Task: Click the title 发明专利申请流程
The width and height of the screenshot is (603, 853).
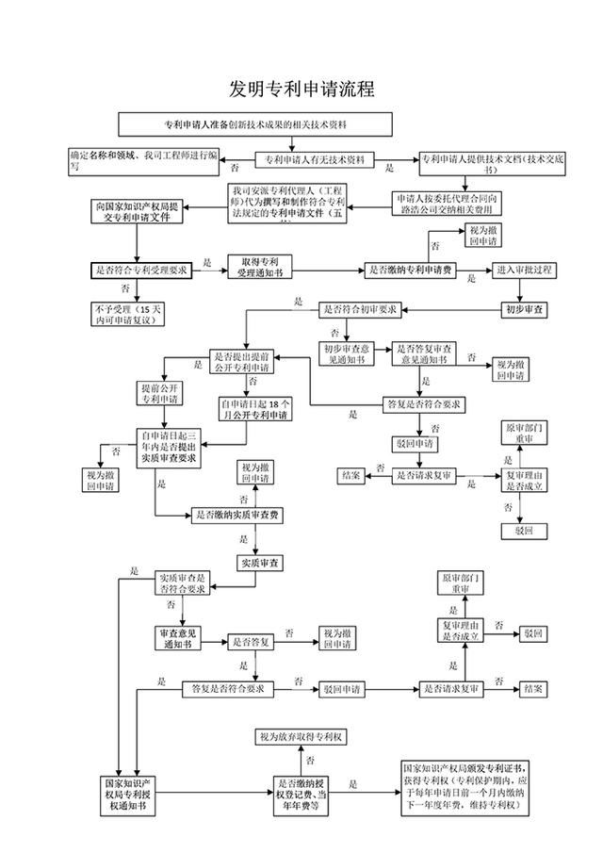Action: coord(301,90)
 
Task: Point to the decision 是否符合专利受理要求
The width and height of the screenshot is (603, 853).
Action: coord(141,270)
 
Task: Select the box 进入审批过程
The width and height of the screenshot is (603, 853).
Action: coord(526,270)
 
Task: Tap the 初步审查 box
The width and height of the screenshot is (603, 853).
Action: coord(526,309)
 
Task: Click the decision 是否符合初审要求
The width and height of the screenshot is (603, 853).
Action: coord(362,309)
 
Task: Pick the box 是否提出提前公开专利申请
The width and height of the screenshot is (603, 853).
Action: coord(246,363)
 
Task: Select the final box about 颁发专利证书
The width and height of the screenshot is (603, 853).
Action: coord(464,788)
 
